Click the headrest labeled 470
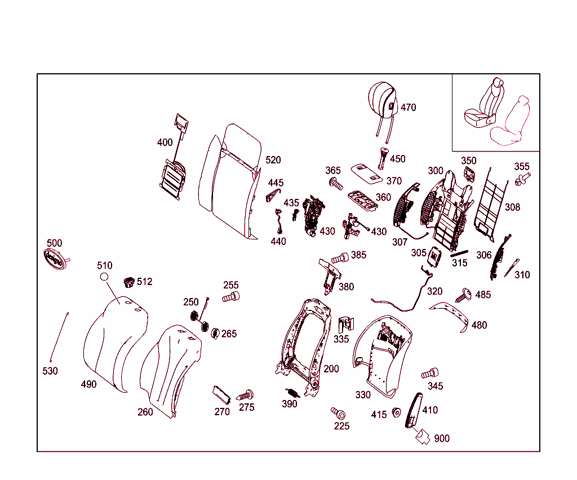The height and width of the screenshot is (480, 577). click(x=383, y=100)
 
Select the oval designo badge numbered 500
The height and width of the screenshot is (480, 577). click(x=55, y=259)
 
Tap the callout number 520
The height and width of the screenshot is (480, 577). click(x=273, y=160)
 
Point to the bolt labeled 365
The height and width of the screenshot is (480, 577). click(x=336, y=183)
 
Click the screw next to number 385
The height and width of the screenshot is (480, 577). click(x=340, y=259)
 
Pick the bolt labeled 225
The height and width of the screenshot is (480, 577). click(x=339, y=414)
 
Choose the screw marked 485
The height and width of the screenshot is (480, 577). click(x=464, y=294)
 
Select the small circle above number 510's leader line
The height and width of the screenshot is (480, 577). click(x=104, y=277)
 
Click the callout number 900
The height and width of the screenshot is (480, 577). click(x=442, y=438)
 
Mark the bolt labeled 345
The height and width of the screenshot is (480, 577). click(x=430, y=374)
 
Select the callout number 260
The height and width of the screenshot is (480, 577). click(x=145, y=412)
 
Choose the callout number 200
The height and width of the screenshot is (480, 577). click(x=331, y=368)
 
